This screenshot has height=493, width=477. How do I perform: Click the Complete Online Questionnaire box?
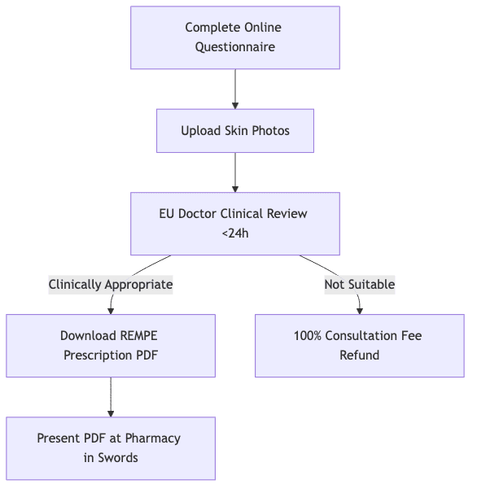click(x=235, y=37)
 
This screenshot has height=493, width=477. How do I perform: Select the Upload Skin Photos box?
click(x=235, y=131)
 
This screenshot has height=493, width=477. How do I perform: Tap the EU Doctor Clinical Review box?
click(x=235, y=224)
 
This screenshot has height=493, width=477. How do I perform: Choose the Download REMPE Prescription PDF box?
click(x=111, y=346)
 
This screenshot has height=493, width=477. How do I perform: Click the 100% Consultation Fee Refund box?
click(x=360, y=346)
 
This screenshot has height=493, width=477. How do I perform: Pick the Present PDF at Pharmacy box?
click(x=111, y=448)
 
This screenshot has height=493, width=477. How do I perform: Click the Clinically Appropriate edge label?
click(x=111, y=285)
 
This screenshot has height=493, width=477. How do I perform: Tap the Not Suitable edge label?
click(x=360, y=285)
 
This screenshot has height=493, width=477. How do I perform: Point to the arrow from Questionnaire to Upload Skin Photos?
click(x=235, y=89)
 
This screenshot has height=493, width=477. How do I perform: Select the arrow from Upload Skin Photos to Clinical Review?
click(x=235, y=172)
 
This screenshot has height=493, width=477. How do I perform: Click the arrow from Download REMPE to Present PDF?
click(x=111, y=397)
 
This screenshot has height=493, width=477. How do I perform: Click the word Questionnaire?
click(x=235, y=47)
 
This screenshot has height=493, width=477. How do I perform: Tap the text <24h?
click(x=235, y=233)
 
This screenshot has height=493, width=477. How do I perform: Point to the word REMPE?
click(x=138, y=336)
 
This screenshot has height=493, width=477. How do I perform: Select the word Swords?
click(x=118, y=458)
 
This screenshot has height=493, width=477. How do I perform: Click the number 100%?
click(x=308, y=336)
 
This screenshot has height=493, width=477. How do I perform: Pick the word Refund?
click(x=360, y=356)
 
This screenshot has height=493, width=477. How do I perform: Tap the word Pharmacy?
click(x=153, y=438)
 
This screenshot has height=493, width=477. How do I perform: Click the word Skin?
click(x=236, y=131)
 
